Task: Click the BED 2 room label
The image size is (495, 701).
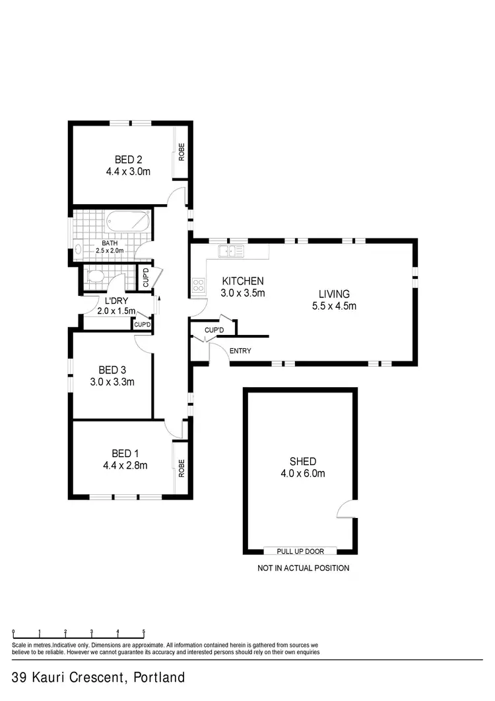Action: [x=129, y=159]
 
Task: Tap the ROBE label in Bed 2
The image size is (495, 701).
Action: [x=181, y=153]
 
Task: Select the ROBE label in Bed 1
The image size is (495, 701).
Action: [x=181, y=468]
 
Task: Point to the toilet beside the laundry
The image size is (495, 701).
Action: [x=95, y=276]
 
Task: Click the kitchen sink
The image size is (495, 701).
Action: [x=231, y=250]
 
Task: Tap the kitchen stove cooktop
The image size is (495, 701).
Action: [x=198, y=285]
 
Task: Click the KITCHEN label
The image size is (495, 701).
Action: [x=242, y=281]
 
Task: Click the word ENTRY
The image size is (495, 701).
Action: [x=240, y=351]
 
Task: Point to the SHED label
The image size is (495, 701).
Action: [x=302, y=461]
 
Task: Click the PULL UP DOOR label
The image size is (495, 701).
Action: [x=300, y=550]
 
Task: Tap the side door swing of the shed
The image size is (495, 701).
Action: [x=346, y=509]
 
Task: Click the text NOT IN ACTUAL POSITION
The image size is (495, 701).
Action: [x=303, y=568]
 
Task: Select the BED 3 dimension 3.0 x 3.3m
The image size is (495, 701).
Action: [x=112, y=382]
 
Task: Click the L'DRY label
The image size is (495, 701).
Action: [x=115, y=301]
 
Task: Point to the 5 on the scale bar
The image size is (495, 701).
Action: [x=143, y=631]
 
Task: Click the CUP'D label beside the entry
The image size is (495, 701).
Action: [x=214, y=330]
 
